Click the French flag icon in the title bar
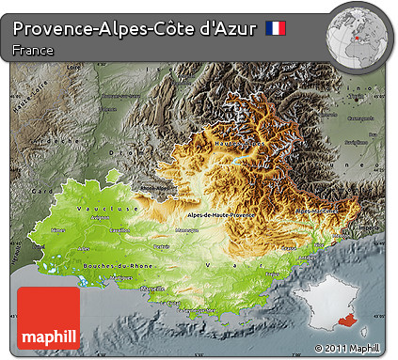point(276,28)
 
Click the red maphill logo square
point(49,318)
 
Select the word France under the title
point(33,50)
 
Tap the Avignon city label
point(98,216)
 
